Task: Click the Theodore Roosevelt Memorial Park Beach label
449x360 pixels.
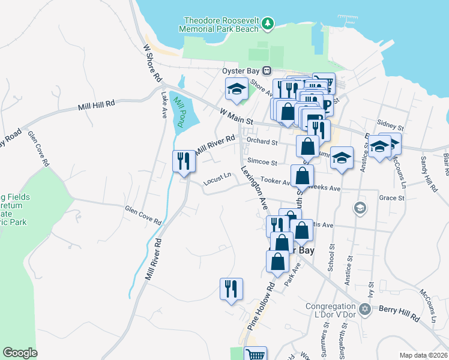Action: (221, 24)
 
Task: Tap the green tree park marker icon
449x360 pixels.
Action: (268, 24)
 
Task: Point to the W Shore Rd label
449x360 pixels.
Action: (153, 62)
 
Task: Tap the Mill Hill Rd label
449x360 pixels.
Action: (96, 106)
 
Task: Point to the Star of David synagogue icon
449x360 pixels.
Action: (364, 308)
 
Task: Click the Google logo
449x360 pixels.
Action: (20, 353)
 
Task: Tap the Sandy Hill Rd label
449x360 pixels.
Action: (428, 174)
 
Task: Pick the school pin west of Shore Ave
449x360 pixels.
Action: (237, 91)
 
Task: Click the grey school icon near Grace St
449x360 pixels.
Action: (360, 208)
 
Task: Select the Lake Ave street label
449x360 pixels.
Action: (163, 104)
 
